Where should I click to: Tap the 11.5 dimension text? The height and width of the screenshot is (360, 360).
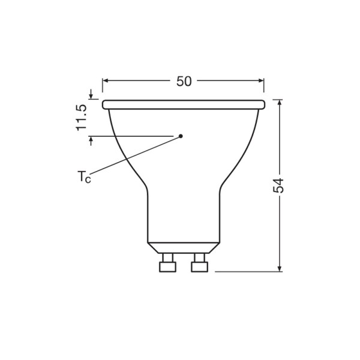[x=82, y=118]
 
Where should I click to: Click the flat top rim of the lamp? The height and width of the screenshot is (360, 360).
[x=183, y=104]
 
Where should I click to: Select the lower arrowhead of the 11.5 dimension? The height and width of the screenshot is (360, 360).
[x=91, y=141]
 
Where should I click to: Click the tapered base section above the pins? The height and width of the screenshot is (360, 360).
[x=183, y=247]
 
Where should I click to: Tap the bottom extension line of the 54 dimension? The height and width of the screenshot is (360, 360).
[x=246, y=272]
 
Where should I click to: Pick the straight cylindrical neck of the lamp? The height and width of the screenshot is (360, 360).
[x=183, y=216]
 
